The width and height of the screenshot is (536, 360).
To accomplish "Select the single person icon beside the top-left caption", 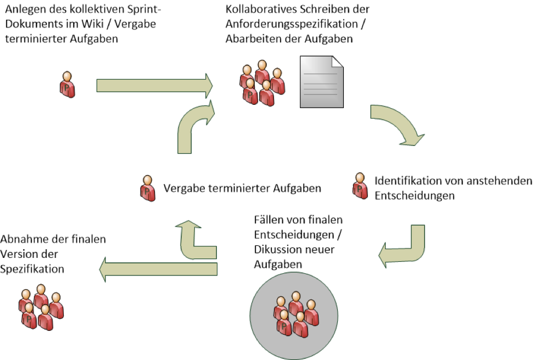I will coord(67,85).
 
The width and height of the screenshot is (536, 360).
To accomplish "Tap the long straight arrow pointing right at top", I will coord(154,85).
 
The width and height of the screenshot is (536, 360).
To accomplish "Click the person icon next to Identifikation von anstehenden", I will coord(360,186).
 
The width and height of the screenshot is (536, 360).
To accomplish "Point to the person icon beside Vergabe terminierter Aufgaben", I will coord(147,188).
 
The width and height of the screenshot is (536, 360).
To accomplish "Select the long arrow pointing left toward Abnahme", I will coord(159,268).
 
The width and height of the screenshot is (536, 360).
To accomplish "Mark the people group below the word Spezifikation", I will coord(40,307).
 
